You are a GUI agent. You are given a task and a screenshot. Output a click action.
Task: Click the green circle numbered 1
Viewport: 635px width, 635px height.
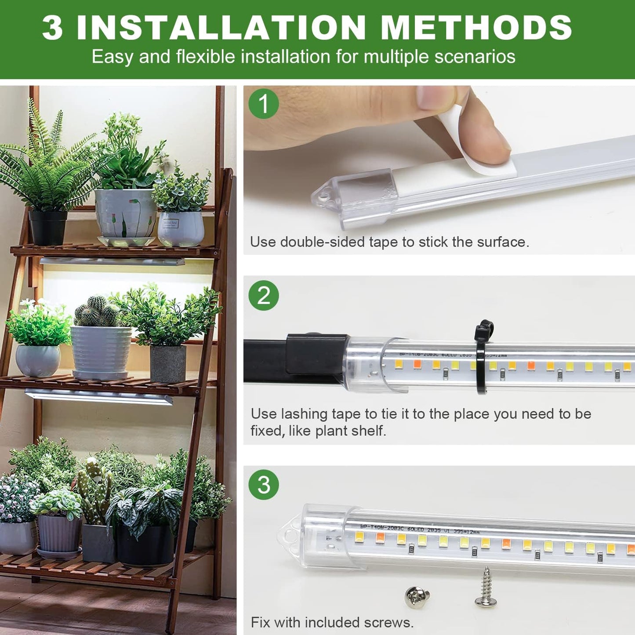point(264,104)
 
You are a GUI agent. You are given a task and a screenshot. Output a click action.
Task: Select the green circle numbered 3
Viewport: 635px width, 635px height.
point(264,485)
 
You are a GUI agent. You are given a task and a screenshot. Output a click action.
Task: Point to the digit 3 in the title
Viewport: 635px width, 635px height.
point(53,28)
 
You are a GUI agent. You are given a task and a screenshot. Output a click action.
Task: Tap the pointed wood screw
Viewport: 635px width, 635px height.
point(486,587)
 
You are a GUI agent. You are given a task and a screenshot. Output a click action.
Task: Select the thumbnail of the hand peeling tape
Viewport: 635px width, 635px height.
point(439,170)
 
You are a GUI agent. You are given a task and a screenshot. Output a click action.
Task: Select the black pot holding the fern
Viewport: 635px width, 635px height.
point(47,227)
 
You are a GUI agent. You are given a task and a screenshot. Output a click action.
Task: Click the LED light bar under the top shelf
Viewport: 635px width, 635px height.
point(112,261)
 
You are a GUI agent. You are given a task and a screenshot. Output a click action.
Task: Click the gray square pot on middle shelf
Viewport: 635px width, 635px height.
point(168,363)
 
